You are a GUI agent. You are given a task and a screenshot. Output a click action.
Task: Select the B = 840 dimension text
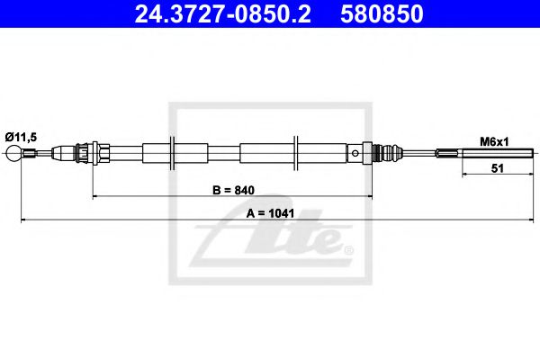tap(233, 190)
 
